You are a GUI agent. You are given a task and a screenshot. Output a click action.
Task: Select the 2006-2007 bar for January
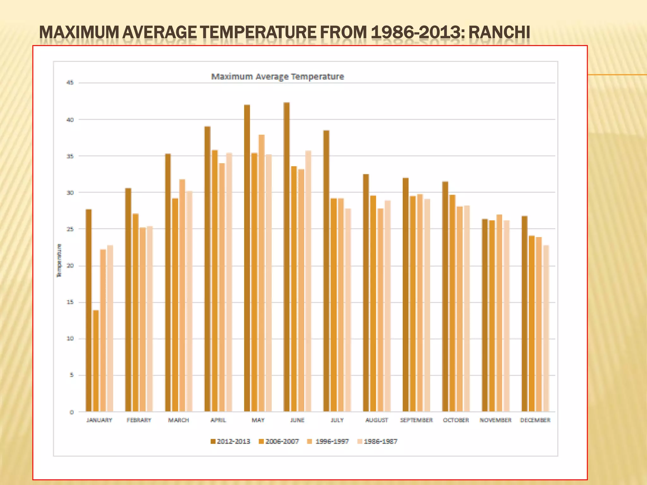96,361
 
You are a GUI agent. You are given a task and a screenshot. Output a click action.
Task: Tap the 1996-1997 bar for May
262,273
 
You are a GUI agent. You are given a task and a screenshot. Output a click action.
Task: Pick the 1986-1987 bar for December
546,328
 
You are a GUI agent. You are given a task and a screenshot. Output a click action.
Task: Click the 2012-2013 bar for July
326,271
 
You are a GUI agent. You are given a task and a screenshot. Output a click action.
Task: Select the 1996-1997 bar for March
182,295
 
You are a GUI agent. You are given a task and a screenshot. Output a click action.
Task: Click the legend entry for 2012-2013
231,441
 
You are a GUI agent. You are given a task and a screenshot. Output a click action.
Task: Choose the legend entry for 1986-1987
377,441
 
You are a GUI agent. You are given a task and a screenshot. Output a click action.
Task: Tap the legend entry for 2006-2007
279,441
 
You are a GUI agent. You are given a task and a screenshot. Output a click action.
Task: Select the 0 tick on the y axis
72,412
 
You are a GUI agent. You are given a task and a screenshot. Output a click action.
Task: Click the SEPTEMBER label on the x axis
416,420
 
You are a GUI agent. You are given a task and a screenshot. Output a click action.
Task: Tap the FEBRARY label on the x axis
139,420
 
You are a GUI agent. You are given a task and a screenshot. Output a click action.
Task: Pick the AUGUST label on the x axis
377,420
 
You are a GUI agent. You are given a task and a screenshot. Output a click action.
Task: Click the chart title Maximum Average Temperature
277,77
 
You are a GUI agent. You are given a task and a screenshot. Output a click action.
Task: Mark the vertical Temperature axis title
59,261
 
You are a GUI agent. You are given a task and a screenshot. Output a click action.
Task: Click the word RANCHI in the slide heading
499,33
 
